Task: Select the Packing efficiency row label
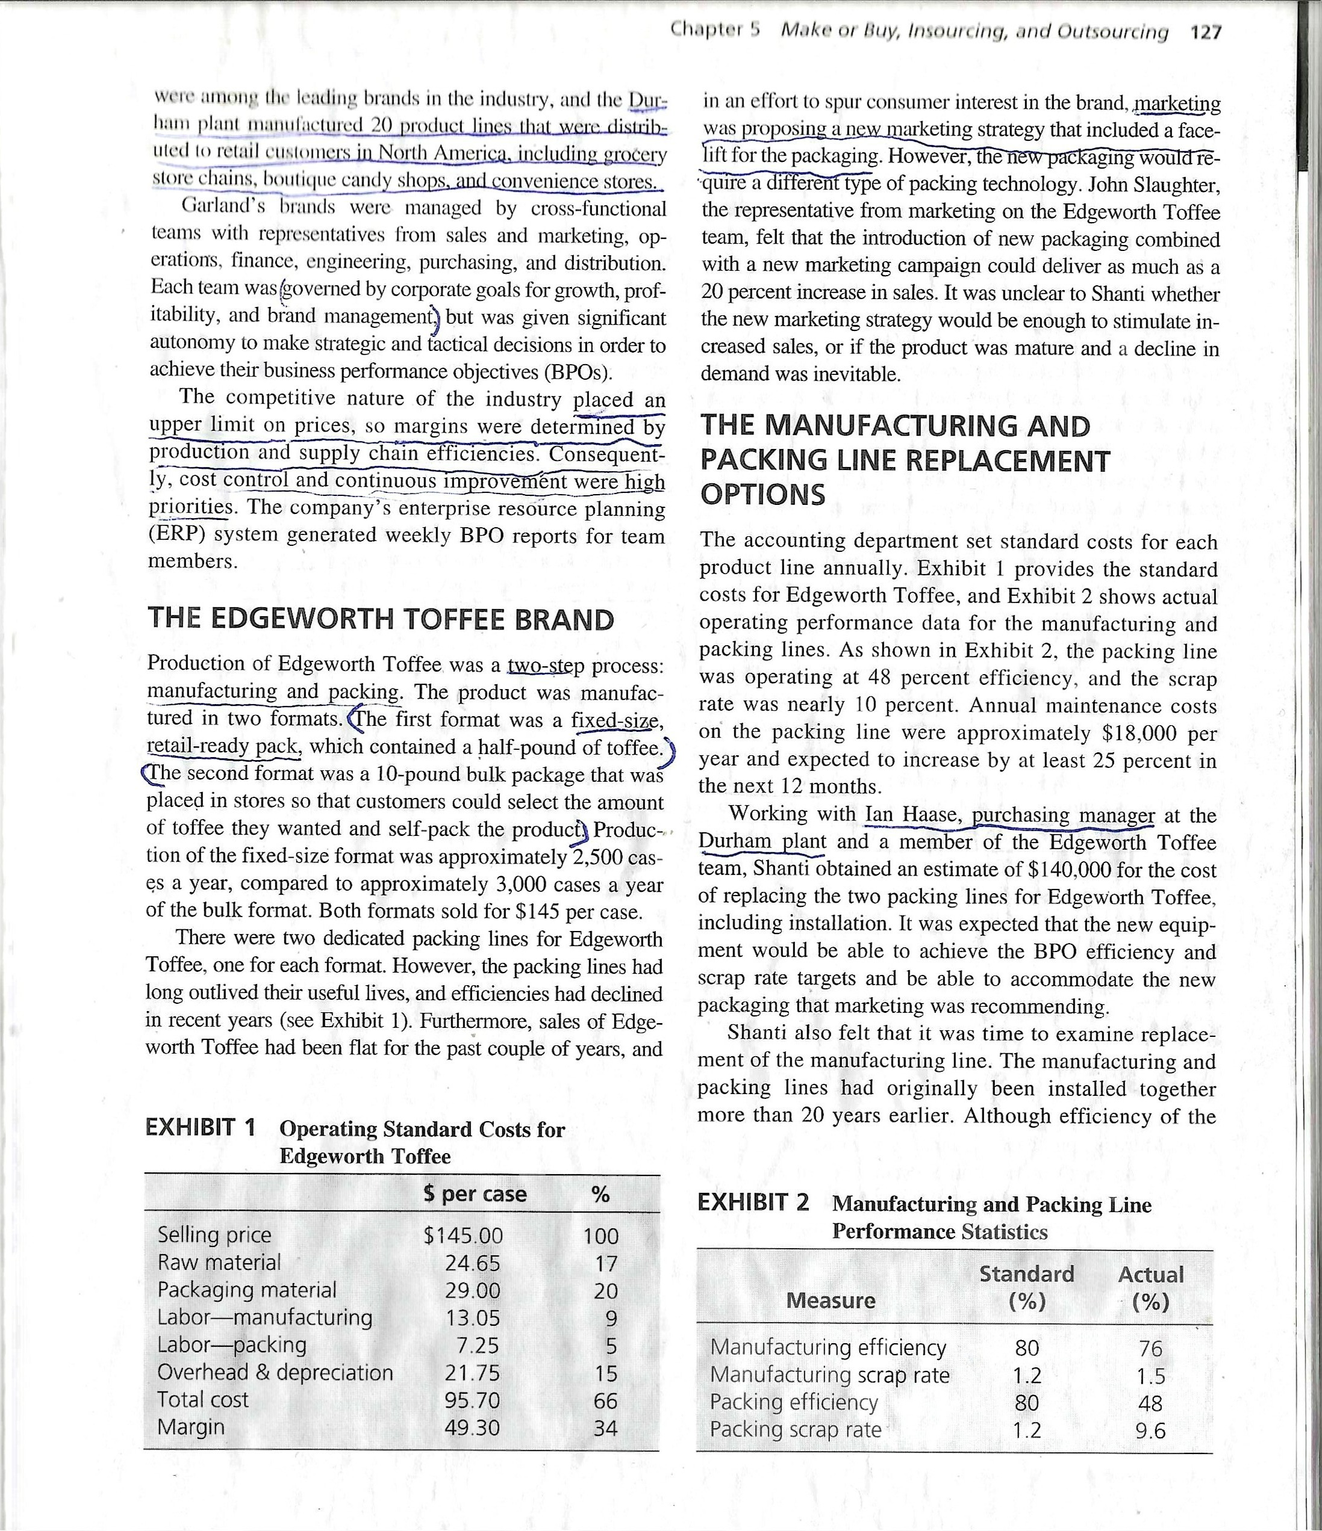point(793,1402)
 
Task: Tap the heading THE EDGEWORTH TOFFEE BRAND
point(381,619)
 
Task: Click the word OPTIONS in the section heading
point(762,494)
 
